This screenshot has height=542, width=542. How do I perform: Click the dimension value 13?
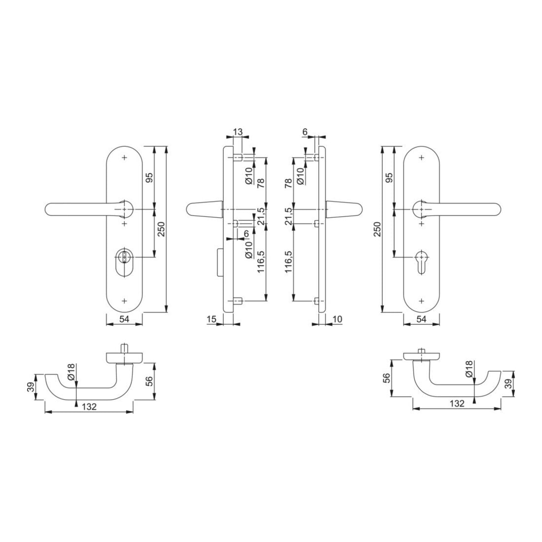pos(238,132)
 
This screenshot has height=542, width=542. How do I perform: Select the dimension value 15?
pos(211,319)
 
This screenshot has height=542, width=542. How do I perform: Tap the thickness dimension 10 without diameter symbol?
pos(337,319)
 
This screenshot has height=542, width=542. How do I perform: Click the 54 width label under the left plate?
pos(124,319)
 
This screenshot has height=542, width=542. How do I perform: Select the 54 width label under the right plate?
pos(422,319)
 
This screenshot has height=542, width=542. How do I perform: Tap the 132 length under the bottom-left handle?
pos(89,407)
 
